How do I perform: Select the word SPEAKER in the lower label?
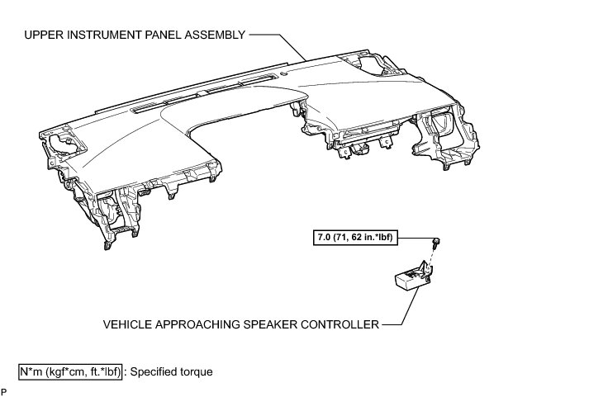tap(272, 324)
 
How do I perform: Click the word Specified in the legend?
tap(156, 372)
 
